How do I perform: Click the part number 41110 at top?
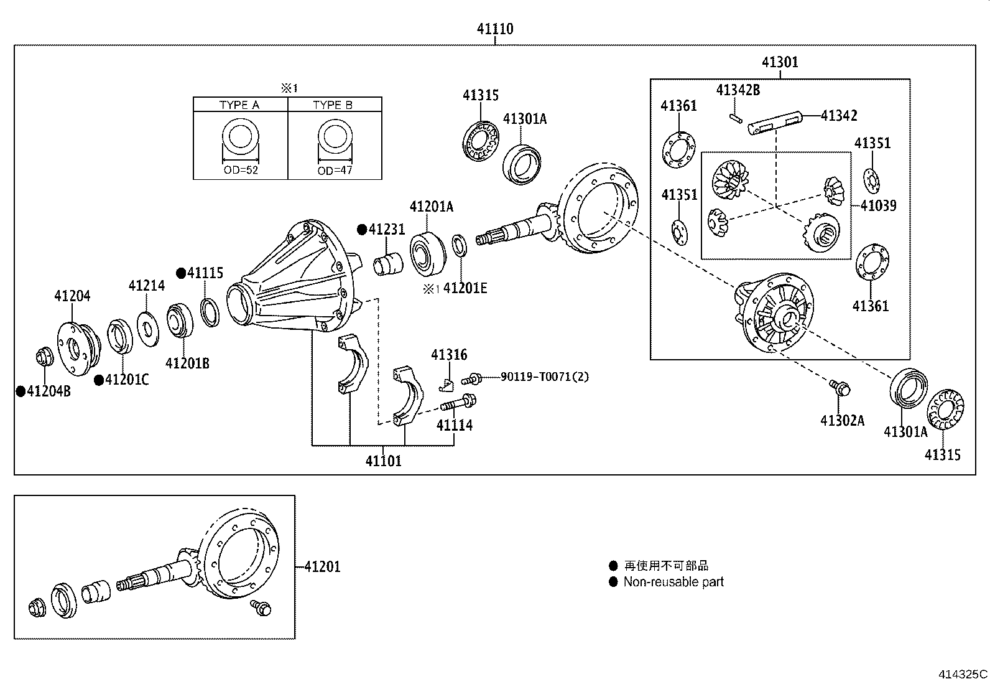(x=495, y=29)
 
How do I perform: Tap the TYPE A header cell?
(x=239, y=105)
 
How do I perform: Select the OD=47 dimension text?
(x=335, y=171)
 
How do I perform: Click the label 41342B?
(x=738, y=90)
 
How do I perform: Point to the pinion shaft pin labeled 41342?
(x=775, y=122)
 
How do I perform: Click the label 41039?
(x=878, y=205)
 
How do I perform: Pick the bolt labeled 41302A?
(x=840, y=388)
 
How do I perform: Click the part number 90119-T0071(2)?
(x=544, y=377)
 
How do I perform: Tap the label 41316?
(x=449, y=355)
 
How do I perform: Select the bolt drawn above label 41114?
(x=459, y=404)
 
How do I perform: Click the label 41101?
(x=383, y=461)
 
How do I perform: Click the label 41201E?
(x=465, y=288)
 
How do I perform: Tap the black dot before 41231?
(x=361, y=230)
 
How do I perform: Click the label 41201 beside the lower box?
(x=322, y=567)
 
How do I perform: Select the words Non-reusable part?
(x=673, y=582)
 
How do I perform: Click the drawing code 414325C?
(x=963, y=674)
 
